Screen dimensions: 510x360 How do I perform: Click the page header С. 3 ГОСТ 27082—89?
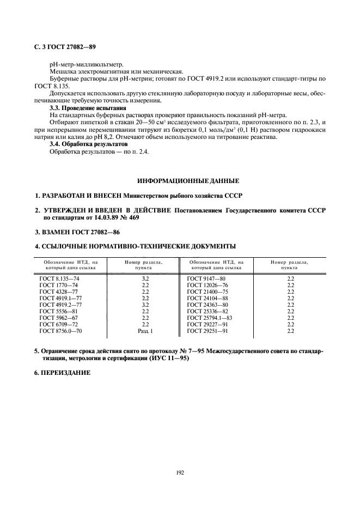click(65, 48)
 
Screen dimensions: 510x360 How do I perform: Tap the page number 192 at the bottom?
click(180, 472)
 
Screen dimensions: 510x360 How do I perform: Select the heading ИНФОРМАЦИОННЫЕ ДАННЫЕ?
click(188, 180)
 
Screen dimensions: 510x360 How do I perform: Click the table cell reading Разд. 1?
click(145, 331)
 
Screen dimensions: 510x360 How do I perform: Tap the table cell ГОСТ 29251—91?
click(207, 331)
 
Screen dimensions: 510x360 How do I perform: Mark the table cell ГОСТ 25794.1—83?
click(209, 318)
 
